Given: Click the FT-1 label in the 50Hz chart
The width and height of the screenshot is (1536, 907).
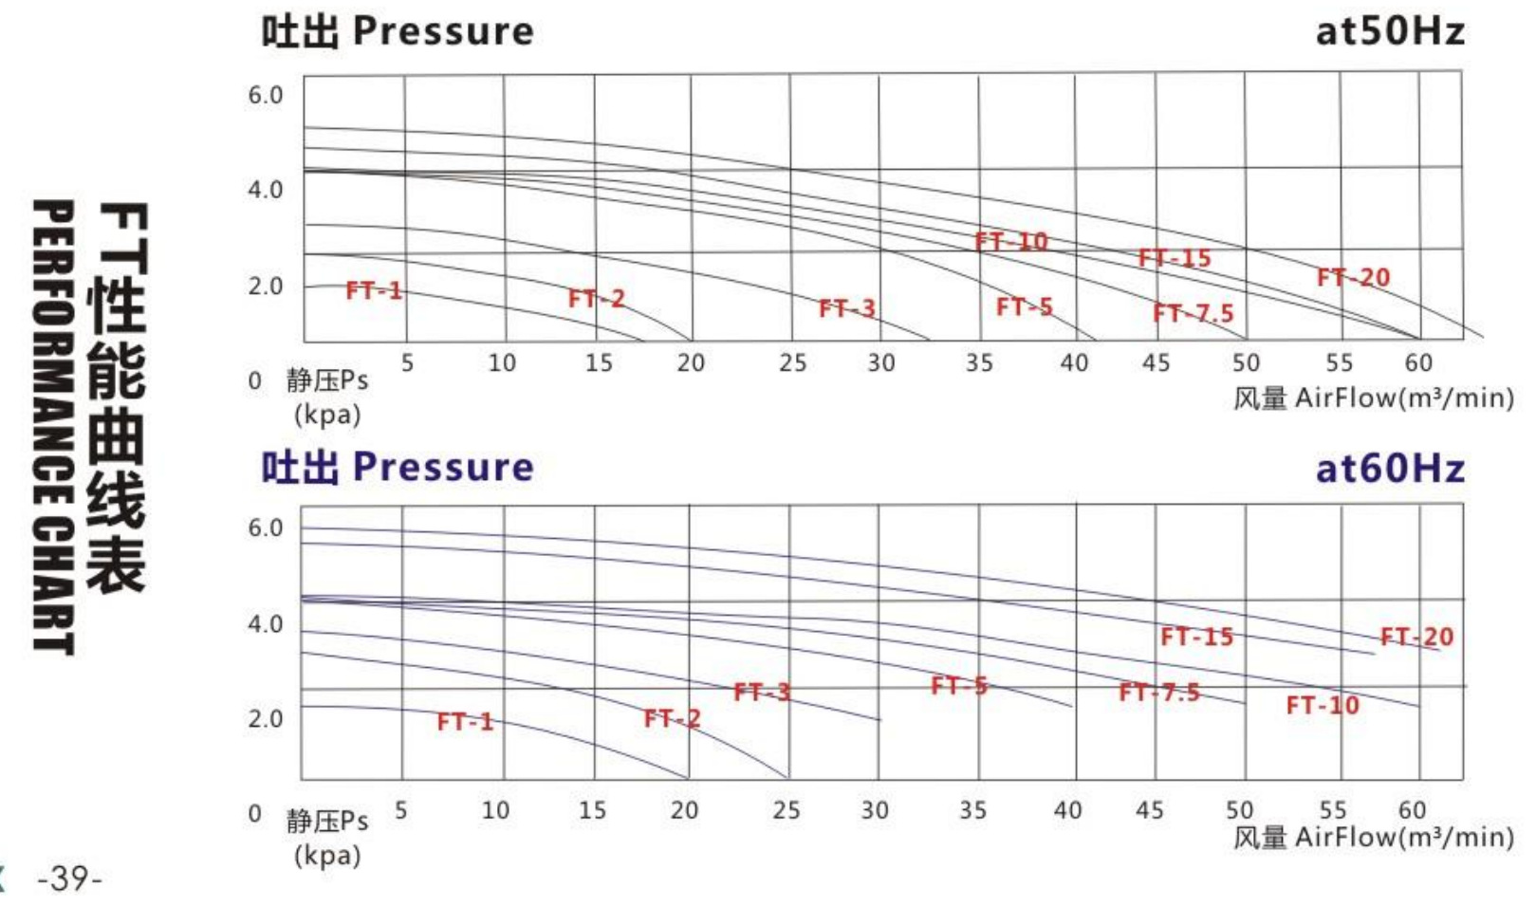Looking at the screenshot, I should [x=374, y=290].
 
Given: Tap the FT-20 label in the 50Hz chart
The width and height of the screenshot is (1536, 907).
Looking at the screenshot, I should [x=1353, y=278].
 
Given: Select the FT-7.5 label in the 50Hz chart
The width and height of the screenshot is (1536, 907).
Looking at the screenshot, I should [x=1193, y=313].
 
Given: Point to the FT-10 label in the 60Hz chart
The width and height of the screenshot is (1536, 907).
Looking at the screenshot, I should [x=1323, y=705].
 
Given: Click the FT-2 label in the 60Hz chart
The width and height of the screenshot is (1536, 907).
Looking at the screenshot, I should [x=672, y=718].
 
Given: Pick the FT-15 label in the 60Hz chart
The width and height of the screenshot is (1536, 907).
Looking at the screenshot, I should [x=1196, y=637].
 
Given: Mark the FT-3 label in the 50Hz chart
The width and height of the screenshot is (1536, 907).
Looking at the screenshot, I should [x=846, y=308].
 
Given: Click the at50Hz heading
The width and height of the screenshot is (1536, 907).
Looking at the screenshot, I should [x=1389, y=32].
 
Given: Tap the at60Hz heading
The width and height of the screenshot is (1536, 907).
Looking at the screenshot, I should [x=1389, y=469].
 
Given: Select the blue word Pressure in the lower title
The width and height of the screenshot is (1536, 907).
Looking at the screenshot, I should [x=443, y=467].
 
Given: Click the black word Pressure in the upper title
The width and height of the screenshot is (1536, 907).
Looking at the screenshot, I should [x=443, y=31].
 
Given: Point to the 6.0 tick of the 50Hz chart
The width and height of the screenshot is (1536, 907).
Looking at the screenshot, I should [x=266, y=95].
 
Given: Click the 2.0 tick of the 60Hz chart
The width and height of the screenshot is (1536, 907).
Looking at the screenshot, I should [x=266, y=718].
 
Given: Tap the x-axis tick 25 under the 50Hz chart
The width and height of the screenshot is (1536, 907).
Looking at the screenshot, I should [x=792, y=362].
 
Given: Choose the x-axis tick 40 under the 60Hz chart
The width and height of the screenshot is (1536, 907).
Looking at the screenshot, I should [x=1067, y=810].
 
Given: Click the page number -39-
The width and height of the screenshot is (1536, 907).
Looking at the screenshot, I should [x=68, y=879].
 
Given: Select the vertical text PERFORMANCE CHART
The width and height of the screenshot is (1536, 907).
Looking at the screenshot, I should [x=53, y=426].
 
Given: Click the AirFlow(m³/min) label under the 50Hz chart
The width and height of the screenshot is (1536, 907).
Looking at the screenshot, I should [x=1404, y=398].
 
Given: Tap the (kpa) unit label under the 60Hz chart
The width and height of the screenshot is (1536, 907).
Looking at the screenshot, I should [x=327, y=855].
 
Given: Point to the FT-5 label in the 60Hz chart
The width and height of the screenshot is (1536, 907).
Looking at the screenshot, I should [x=958, y=685].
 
